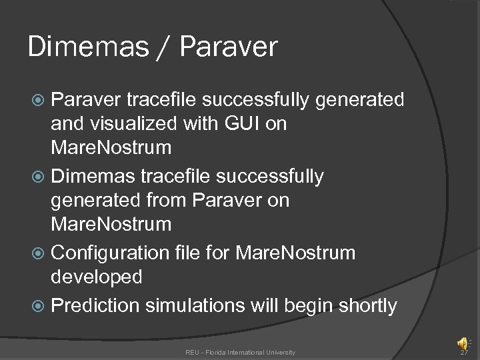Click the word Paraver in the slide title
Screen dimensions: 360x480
click(x=228, y=47)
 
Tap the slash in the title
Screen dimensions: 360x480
click(x=166, y=47)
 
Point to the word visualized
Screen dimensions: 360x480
click(x=139, y=124)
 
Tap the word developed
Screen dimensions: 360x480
click(x=97, y=277)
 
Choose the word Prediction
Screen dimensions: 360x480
click(x=95, y=306)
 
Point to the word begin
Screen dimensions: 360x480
click(x=311, y=306)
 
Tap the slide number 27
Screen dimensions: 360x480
click(x=465, y=352)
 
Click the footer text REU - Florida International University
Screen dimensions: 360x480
click(x=240, y=352)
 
